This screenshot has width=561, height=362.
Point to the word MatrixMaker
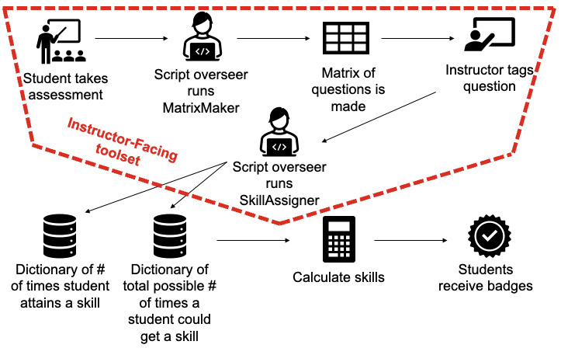202,106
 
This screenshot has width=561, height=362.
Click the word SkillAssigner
279,200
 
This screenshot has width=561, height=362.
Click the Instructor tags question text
489,78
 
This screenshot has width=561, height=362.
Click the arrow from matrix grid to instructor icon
417,37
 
